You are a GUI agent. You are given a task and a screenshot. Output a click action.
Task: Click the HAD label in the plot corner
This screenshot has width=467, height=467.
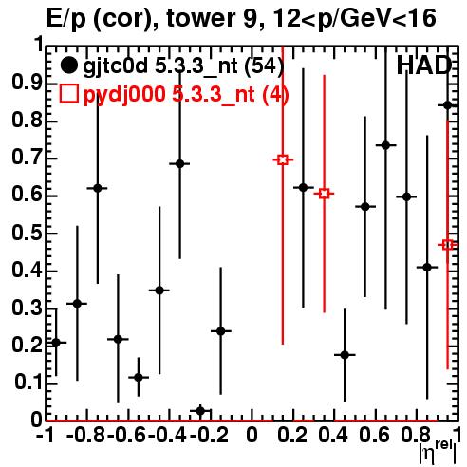point(423,65)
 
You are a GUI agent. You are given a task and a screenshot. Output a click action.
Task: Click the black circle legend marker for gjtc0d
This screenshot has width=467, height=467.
point(68,65)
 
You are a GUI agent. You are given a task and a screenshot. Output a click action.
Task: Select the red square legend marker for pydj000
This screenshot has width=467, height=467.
point(68,93)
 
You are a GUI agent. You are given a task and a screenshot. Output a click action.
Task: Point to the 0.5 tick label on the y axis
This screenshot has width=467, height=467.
point(27,233)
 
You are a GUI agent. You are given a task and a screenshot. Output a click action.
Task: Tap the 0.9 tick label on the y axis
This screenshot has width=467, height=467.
point(27,84)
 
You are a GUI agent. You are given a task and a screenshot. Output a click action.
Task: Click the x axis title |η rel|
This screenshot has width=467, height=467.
point(439,453)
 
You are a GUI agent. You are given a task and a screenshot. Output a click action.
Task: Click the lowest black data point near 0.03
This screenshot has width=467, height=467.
point(200,411)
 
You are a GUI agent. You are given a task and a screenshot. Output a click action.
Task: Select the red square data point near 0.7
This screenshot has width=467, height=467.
point(283,159)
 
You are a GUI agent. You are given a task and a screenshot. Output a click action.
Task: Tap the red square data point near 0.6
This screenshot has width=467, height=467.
point(324,194)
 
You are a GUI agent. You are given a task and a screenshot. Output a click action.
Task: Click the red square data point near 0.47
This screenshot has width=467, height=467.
point(448,245)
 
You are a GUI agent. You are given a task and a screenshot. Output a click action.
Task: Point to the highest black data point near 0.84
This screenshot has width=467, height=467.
point(448,105)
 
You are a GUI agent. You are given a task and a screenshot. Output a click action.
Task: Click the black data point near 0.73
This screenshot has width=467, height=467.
point(385,145)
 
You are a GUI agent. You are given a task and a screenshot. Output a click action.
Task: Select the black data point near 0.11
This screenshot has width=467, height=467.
point(139,377)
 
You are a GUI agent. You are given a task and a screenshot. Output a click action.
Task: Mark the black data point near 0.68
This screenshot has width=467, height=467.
point(179,163)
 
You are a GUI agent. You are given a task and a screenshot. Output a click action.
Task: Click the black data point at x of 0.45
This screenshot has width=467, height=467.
point(345,355)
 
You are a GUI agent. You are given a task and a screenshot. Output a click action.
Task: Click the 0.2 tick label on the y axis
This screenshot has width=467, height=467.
point(27,345)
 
